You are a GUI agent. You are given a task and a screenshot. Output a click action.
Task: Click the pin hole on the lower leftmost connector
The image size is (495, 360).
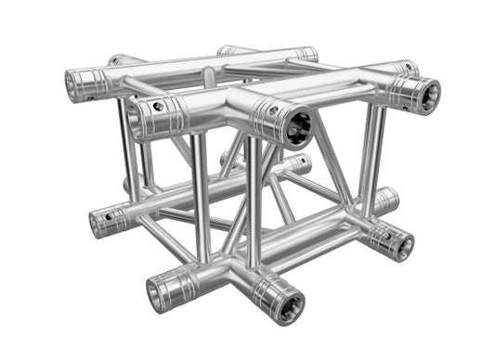(109, 215)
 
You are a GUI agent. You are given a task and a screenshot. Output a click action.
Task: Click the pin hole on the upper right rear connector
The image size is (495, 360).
(405, 67)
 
